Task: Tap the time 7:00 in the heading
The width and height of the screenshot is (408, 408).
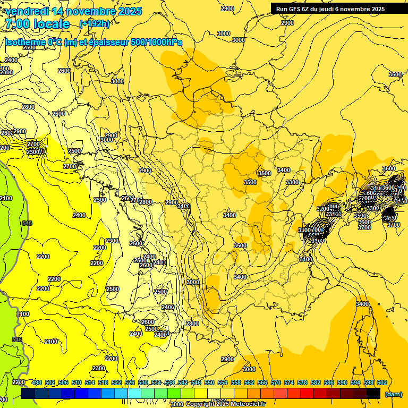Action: pos(16,24)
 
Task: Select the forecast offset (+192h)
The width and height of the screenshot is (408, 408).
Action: pos(94,24)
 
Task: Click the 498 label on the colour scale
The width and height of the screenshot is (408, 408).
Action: pos(37,382)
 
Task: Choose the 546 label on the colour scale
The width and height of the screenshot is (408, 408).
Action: pos(196,382)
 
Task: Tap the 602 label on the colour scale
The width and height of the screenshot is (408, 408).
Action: pos(382,382)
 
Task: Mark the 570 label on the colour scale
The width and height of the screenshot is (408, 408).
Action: pos(276,382)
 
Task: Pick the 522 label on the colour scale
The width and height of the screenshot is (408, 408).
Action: pos(116,382)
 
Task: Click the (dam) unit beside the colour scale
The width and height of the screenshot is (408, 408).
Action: pos(393,394)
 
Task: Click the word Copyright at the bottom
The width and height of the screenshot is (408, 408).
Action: pos(200,404)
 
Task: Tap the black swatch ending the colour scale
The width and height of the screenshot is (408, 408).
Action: pos(373,393)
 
